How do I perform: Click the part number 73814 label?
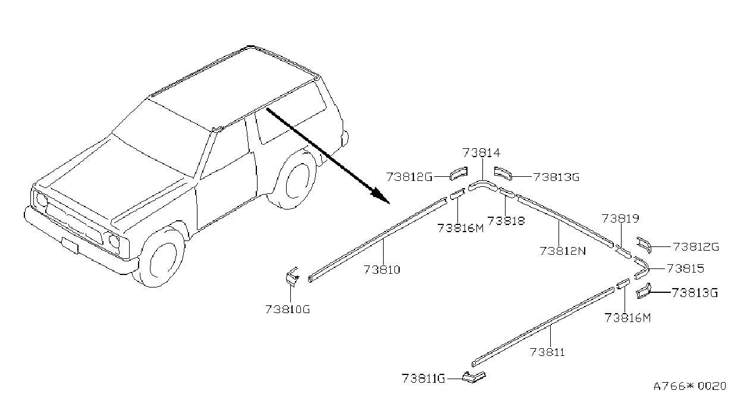click(x=481, y=153)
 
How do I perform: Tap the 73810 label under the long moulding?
click(x=382, y=270)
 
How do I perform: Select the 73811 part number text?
click(x=547, y=352)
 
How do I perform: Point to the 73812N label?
click(x=563, y=251)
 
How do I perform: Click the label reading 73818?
click(x=506, y=221)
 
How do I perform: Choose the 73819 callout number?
click(x=620, y=218)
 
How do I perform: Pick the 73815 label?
click(x=686, y=268)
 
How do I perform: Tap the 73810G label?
click(x=287, y=309)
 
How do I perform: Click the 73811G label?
click(x=423, y=379)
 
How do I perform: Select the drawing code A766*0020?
click(x=689, y=386)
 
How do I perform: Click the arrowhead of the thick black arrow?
click(x=382, y=196)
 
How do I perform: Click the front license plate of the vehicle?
click(x=70, y=245)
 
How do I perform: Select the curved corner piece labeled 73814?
click(x=482, y=185)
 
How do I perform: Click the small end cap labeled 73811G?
click(x=474, y=377)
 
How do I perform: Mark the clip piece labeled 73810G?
click(x=292, y=277)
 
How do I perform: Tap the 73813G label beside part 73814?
click(x=556, y=177)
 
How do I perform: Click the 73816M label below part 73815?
click(x=628, y=318)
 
